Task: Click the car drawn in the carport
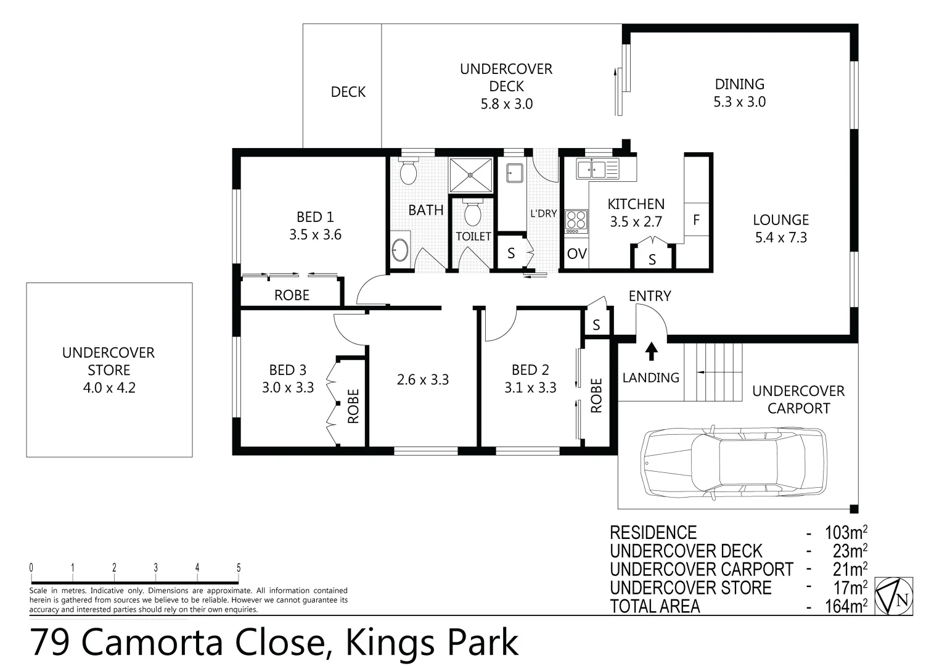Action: pos(733,461)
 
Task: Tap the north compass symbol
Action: pos(894,596)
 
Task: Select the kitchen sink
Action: pos(597,168)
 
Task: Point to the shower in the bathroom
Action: pos(471,175)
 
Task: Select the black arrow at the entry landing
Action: pos(651,351)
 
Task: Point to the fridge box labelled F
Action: pos(696,220)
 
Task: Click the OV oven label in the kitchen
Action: pos(576,254)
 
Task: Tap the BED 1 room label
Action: pos(315,217)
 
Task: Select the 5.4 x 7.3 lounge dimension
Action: pos(780,237)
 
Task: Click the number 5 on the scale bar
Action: pos(239,569)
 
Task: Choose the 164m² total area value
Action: pos(846,606)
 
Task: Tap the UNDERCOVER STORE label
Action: pos(109,361)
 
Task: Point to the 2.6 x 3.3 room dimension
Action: pos(422,380)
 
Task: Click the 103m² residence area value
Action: pos(846,533)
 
